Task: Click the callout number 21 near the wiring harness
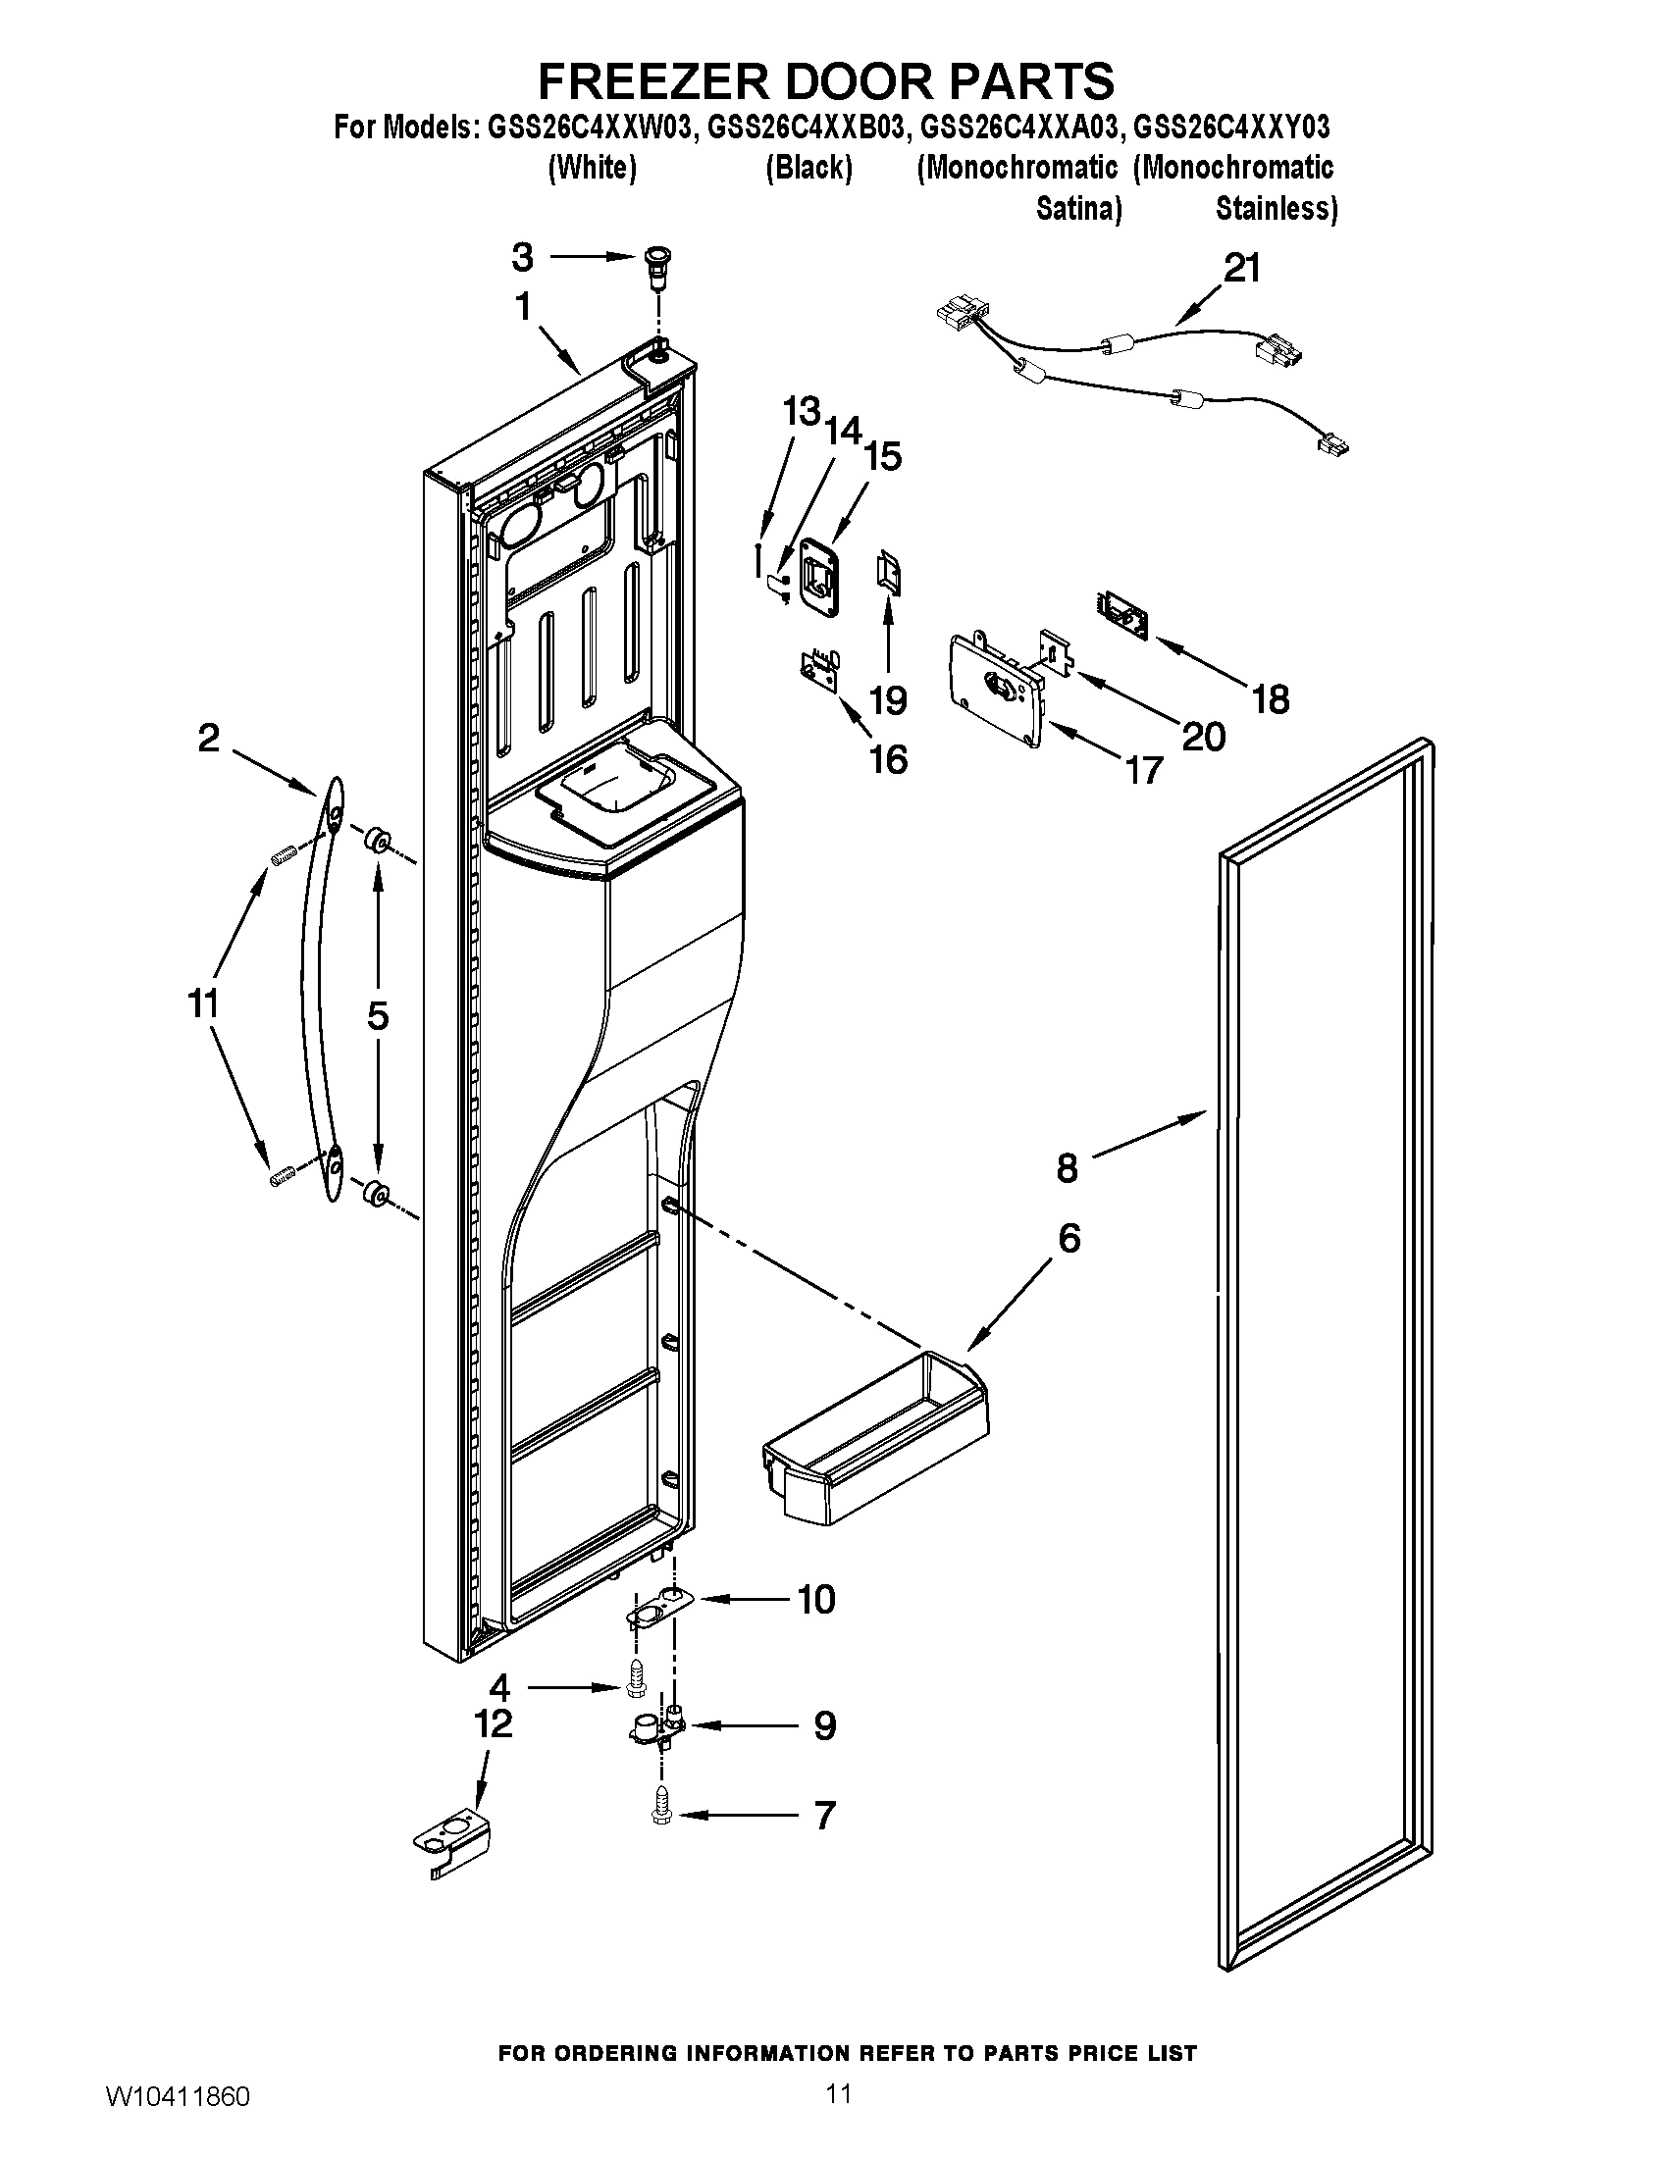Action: (1242, 268)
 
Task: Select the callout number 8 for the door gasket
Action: (1068, 1168)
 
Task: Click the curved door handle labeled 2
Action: (319, 988)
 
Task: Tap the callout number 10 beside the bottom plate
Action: (816, 1599)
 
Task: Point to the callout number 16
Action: (887, 759)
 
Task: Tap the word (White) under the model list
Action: (592, 168)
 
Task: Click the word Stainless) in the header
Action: (1276, 210)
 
